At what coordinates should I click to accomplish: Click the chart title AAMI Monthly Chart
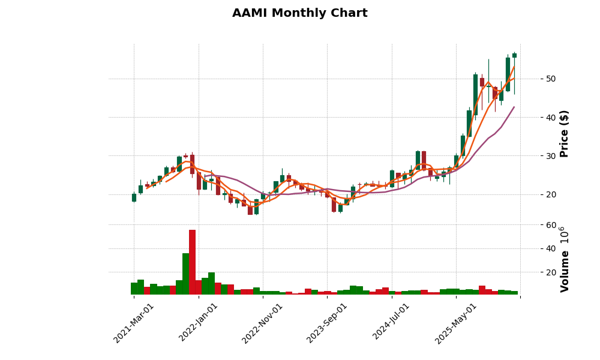click(299, 13)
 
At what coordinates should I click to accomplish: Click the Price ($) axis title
click(564, 133)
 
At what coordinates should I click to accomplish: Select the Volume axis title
click(564, 259)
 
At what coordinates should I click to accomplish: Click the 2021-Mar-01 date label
click(134, 323)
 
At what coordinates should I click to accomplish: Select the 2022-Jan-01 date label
click(199, 323)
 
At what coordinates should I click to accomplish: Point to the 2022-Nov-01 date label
click(262, 323)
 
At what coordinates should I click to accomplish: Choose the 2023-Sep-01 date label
click(327, 323)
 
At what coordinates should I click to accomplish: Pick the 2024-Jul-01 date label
click(391, 323)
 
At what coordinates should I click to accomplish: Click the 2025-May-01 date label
click(455, 323)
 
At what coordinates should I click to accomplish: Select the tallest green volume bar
click(186, 274)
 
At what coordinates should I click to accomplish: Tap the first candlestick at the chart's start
click(134, 197)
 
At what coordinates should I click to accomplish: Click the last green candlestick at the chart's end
click(514, 55)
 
